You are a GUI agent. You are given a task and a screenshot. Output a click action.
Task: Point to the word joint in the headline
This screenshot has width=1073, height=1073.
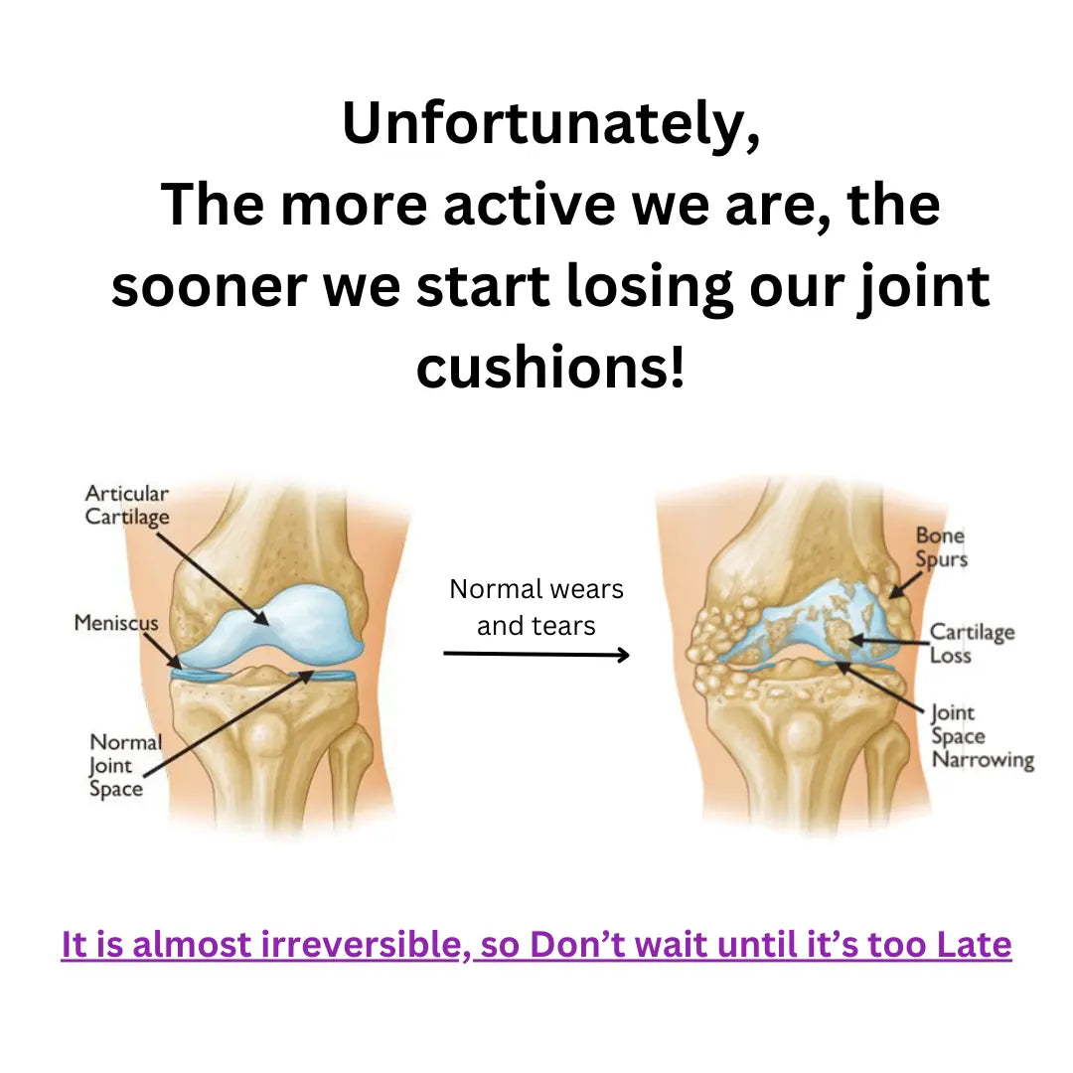coord(924,286)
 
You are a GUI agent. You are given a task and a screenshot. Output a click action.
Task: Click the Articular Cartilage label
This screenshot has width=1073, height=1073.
coord(126,505)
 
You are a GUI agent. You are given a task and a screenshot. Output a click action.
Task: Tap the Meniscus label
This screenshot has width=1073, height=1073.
coord(116,622)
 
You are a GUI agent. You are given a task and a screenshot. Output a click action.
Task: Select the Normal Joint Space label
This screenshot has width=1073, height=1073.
coord(125,765)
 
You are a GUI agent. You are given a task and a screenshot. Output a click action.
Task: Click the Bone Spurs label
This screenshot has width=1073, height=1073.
coord(941,546)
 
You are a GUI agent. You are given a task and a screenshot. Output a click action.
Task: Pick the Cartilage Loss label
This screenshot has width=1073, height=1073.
coord(972,643)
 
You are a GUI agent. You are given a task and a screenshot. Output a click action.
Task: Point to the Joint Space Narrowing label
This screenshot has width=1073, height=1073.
coord(983,736)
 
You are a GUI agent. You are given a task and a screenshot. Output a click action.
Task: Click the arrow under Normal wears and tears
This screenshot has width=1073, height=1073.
coord(536,655)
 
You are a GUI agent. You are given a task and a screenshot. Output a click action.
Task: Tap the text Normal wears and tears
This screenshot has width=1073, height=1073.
coord(536,607)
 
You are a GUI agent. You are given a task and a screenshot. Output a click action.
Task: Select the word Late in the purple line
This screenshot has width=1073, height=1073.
coord(974,945)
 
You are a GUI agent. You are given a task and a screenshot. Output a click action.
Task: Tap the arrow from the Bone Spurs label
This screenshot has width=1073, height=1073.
coord(905,585)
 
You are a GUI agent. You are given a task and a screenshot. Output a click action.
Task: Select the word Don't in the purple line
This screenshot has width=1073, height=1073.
coord(577,945)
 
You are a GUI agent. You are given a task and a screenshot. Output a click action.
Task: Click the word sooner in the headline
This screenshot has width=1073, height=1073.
coord(209,286)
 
